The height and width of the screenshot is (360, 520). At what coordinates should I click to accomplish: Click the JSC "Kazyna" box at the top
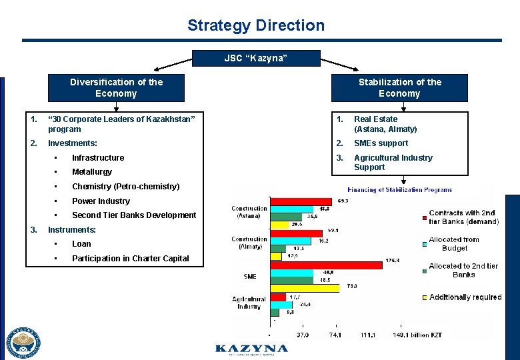click(x=256, y=59)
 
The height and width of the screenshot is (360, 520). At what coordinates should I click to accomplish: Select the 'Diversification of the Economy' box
click(x=116, y=87)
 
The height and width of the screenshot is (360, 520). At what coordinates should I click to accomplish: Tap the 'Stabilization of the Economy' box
click(x=399, y=87)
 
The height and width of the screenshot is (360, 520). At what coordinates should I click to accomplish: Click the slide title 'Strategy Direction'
click(x=256, y=25)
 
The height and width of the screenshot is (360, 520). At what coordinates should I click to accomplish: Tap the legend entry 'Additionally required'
click(x=465, y=297)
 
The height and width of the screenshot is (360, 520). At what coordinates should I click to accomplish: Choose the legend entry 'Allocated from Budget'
click(x=453, y=243)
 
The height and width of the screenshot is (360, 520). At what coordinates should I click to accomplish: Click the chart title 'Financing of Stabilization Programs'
click(x=399, y=190)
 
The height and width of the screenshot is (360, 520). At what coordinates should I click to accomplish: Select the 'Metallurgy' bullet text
click(x=92, y=172)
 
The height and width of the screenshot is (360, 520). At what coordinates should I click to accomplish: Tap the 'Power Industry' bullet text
click(x=101, y=201)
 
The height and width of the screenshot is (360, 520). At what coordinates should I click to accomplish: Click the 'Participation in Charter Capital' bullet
click(x=130, y=259)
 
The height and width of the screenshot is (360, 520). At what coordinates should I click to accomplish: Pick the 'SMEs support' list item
click(x=381, y=143)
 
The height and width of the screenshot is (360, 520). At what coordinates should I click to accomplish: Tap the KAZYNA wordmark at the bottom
click(x=252, y=349)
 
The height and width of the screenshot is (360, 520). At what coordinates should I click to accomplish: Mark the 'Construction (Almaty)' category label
click(x=249, y=243)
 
